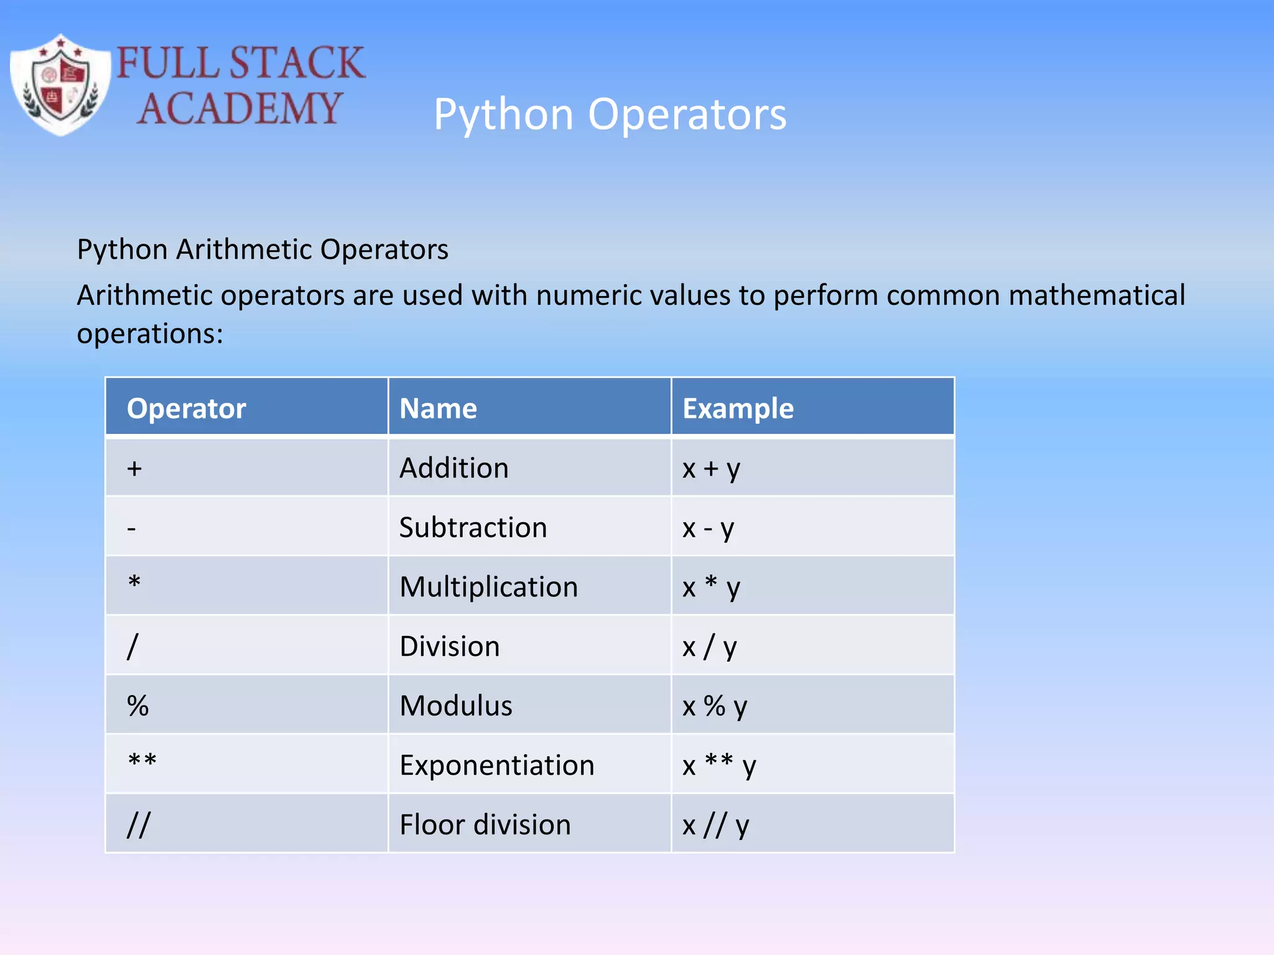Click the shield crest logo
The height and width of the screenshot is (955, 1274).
point(60,85)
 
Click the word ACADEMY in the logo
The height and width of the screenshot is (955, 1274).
point(239,108)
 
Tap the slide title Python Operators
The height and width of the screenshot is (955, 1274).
point(610,114)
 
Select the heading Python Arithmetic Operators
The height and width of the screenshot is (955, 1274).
point(263,250)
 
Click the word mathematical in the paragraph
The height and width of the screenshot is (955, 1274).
point(1097,295)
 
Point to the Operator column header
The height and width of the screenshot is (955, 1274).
point(187,408)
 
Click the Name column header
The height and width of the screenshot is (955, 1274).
point(438,408)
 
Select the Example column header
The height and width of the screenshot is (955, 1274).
point(738,408)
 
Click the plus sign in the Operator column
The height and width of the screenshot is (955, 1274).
point(134,468)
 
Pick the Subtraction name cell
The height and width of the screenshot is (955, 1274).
point(473,528)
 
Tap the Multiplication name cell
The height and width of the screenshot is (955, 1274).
point(488,587)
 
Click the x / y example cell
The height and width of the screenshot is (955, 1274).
point(709,647)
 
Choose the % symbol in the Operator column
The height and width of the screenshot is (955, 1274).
point(137,706)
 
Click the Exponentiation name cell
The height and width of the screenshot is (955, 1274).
point(496,765)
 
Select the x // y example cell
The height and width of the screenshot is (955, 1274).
point(715,825)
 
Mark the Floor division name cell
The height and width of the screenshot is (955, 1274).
point(485,825)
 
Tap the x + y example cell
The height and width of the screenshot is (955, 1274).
point(711,468)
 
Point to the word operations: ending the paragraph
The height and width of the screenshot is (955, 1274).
point(150,334)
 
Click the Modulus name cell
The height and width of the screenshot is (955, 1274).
point(456,706)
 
